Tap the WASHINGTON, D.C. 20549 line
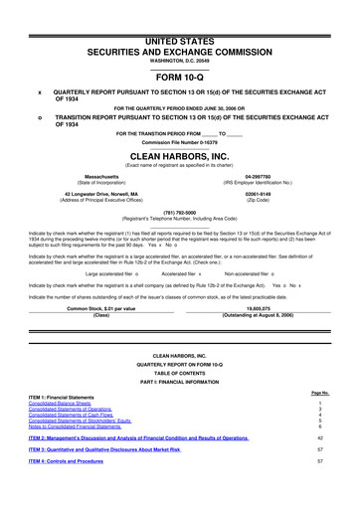(x=179, y=34)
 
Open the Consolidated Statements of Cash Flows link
(x=75, y=416)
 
